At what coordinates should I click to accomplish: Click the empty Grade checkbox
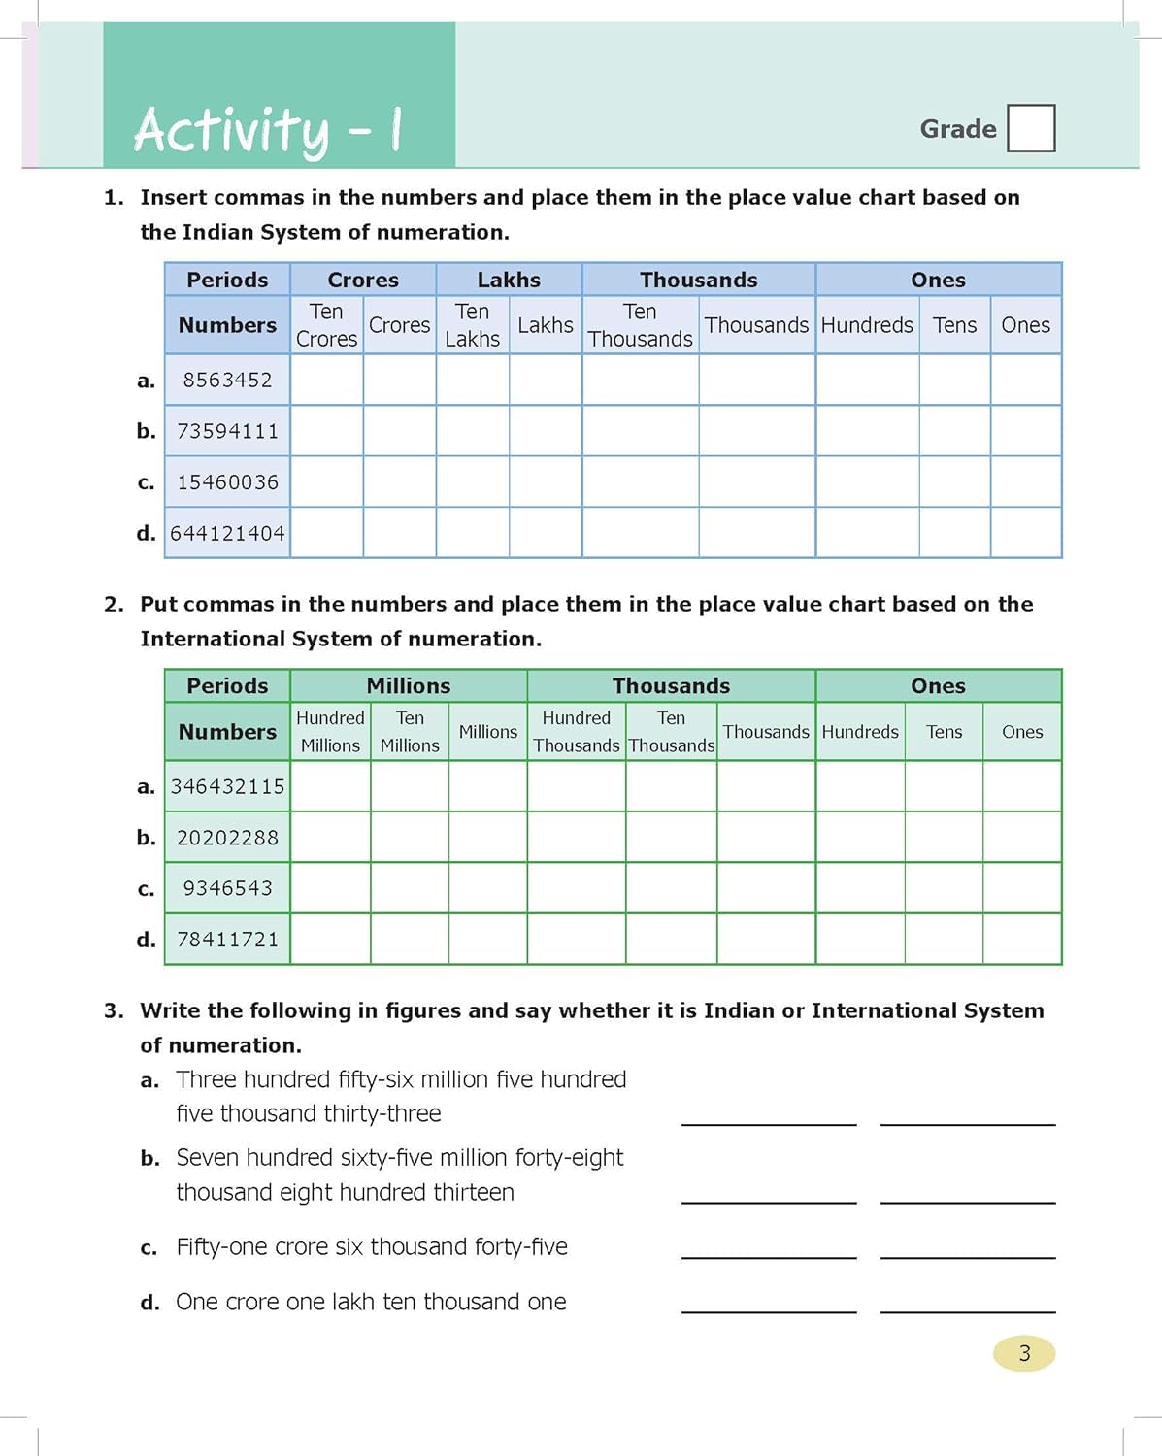click(1031, 128)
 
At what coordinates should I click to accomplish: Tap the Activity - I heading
click(268, 130)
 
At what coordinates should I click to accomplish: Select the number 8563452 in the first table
click(227, 380)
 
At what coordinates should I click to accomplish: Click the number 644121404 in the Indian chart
click(227, 533)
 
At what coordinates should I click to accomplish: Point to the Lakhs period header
click(509, 280)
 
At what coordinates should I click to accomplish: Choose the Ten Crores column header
click(326, 325)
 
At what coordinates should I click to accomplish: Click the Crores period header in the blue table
click(363, 280)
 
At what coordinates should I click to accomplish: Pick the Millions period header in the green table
click(408, 685)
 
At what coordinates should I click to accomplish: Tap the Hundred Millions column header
click(330, 731)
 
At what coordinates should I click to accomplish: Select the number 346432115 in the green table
click(227, 786)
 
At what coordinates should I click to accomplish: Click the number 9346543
click(227, 888)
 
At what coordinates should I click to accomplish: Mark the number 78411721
click(227, 940)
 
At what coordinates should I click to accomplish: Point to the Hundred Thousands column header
click(576, 731)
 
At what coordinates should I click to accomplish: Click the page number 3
click(1024, 1353)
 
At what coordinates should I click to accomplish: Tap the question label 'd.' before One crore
click(149, 1303)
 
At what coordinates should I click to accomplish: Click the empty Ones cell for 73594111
click(1025, 431)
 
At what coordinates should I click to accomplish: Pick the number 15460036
click(227, 482)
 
